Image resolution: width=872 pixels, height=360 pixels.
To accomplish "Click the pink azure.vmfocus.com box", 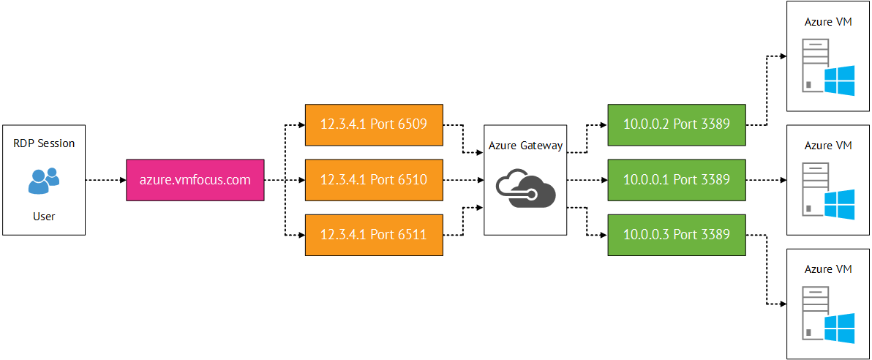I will [194, 179].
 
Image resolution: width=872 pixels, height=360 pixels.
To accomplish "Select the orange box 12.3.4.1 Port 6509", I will [373, 124].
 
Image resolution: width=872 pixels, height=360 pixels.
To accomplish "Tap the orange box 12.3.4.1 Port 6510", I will [373, 179].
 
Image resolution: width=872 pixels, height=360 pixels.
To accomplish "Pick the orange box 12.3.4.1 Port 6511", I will [373, 234].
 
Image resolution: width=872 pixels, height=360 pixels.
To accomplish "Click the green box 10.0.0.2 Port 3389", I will [676, 124].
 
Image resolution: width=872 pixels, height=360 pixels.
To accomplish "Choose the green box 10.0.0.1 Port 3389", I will [676, 179].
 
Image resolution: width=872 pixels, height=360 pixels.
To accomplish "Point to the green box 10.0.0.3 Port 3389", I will [676, 234].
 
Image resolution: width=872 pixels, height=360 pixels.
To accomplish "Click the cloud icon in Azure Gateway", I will [525, 188].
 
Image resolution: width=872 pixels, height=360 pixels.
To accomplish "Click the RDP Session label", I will [44, 143].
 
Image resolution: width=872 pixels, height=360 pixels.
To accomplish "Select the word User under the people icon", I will [44, 217].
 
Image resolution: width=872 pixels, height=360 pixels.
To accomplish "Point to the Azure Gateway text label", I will [525, 146].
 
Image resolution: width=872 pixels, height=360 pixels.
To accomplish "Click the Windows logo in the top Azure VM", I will [840, 80].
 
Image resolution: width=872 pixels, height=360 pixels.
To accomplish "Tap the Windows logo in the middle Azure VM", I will [840, 204].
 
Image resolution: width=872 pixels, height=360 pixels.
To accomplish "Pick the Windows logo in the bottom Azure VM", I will [840, 329].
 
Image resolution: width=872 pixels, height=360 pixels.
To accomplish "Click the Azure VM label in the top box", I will [828, 22].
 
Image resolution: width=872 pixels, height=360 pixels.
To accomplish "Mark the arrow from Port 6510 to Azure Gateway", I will [463, 179].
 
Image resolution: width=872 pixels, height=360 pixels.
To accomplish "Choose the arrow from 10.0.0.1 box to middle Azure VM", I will [764, 179].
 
